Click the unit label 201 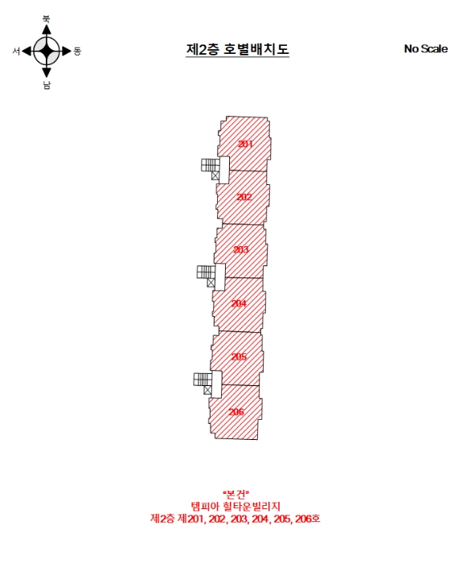(245, 144)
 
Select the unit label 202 (244, 197)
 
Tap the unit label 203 (241, 249)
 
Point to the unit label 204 (239, 303)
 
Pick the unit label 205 (239, 356)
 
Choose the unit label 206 (236, 412)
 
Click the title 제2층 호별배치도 (238, 49)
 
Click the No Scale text (426, 49)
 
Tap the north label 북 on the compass (47, 19)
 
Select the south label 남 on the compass (47, 85)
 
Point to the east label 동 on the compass (77, 51)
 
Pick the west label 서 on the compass (16, 51)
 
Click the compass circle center (47, 51)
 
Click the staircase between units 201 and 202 (211, 165)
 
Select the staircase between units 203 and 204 (207, 272)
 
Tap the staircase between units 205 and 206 (203, 379)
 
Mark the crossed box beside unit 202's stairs (215, 175)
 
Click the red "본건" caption (235, 495)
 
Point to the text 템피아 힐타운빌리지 (235, 507)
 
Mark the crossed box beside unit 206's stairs (207, 390)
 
